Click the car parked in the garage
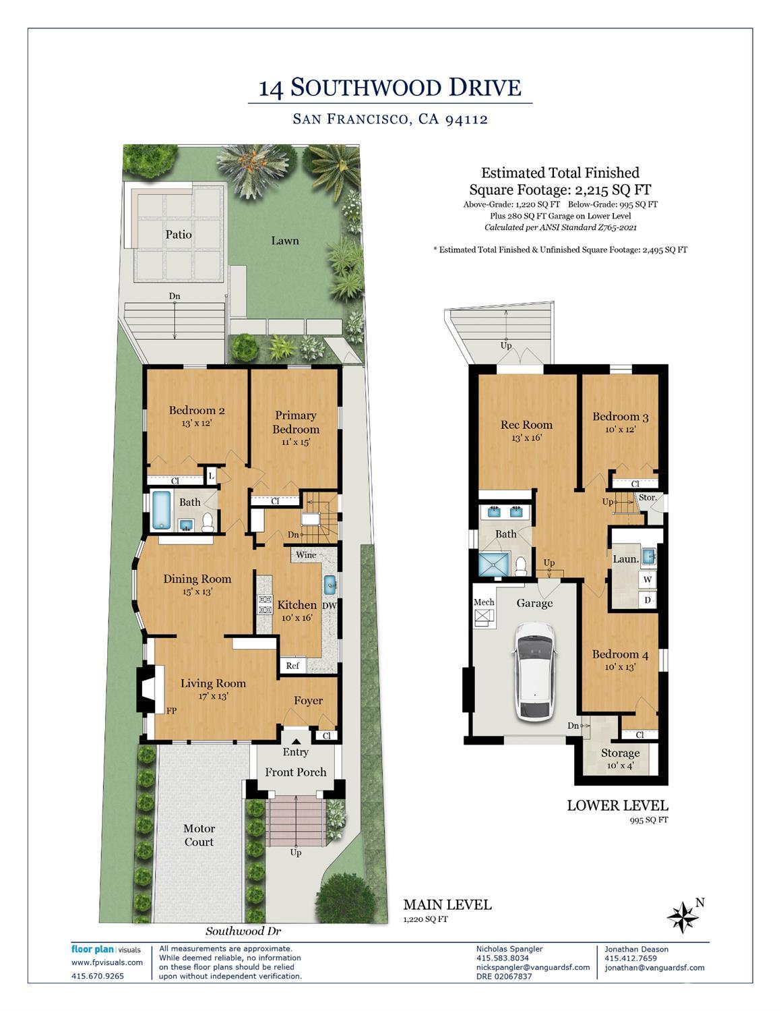point(536,671)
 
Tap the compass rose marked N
point(683,917)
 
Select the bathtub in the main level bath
point(161,510)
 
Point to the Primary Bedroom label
point(296,422)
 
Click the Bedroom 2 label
point(197,410)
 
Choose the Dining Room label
point(197,579)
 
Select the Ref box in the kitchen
point(292,666)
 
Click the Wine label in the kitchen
point(306,555)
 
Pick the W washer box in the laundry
point(648,579)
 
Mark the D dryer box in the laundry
point(648,600)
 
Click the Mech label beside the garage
point(484,602)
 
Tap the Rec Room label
point(526,425)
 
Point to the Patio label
point(179,235)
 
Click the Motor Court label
point(199,835)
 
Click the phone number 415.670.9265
point(98,976)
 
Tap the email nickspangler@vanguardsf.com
point(533,967)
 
